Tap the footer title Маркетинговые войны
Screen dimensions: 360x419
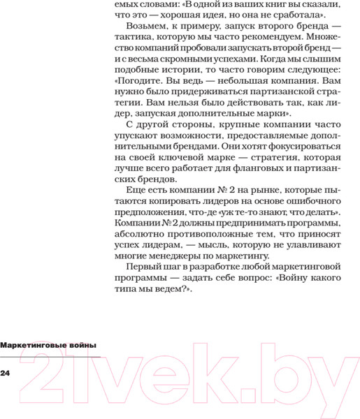(48, 345)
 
